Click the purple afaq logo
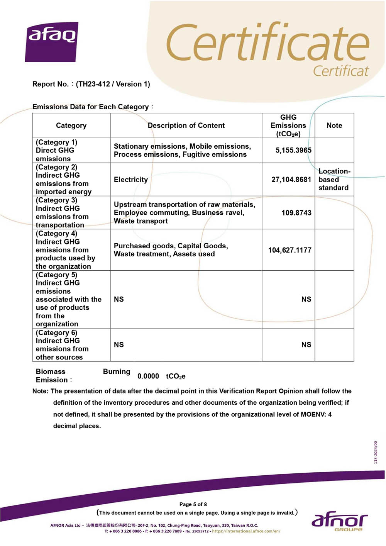(x=52, y=42)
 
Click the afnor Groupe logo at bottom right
(x=339, y=522)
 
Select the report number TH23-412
(x=93, y=84)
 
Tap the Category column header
(x=71, y=125)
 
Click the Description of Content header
(x=186, y=125)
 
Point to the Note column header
(x=334, y=125)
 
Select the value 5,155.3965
(x=293, y=150)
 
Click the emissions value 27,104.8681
(x=291, y=180)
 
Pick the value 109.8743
(x=296, y=213)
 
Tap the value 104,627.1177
(x=289, y=250)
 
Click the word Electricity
(x=131, y=180)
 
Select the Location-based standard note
(x=334, y=180)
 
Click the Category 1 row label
(x=56, y=150)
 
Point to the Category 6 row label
(x=62, y=345)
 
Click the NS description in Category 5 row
(x=119, y=299)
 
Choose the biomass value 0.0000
(x=148, y=376)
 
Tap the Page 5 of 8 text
(x=193, y=504)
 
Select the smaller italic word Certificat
(x=340, y=71)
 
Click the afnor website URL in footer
(x=246, y=531)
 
